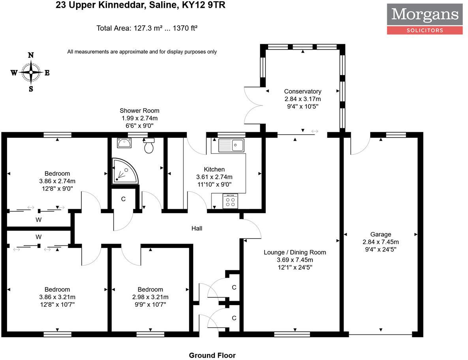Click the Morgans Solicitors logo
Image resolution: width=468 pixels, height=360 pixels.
pyautogui.click(x=425, y=19)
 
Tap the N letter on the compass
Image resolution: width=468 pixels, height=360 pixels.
pyautogui.click(x=31, y=55)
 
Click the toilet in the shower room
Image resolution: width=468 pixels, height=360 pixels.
pyautogui.click(x=148, y=145)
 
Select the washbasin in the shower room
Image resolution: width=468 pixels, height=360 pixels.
pyautogui.click(x=124, y=143)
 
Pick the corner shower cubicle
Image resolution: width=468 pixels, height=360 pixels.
pyautogui.click(x=125, y=171)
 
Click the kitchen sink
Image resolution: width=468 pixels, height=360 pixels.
pyautogui.click(x=231, y=145)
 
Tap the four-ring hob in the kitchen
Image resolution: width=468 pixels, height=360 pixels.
pyautogui.click(x=230, y=201)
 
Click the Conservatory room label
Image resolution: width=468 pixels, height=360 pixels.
pyautogui.click(x=303, y=92)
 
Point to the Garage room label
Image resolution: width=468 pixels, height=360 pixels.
pyautogui.click(x=381, y=234)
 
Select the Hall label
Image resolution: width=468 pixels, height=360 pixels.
pyautogui.click(x=197, y=229)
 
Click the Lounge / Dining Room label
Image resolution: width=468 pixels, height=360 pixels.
pyautogui.click(x=295, y=252)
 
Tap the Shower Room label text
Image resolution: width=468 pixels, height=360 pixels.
pyautogui.click(x=139, y=111)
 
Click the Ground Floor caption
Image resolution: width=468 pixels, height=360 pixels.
pyautogui.click(x=212, y=356)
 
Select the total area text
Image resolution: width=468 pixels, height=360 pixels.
pyautogui.click(x=147, y=28)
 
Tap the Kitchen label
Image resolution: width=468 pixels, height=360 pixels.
pyautogui.click(x=214, y=169)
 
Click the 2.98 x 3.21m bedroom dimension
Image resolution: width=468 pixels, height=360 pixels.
pyautogui.click(x=150, y=297)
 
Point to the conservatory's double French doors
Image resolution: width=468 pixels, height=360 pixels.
pyautogui.click(x=254, y=105)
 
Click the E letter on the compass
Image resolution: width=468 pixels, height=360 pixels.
pyautogui.click(x=47, y=73)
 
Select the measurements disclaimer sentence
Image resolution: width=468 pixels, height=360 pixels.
pyautogui.click(x=142, y=52)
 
